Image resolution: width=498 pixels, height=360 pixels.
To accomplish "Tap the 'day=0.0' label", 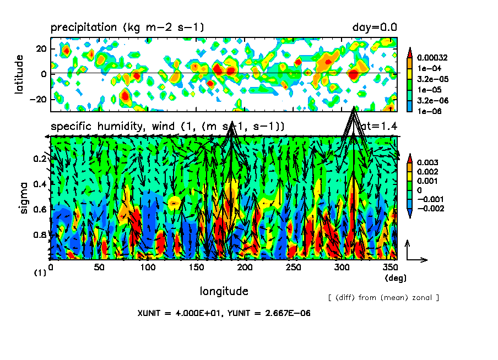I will coord(375,28).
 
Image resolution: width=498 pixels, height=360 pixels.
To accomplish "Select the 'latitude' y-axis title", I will coord(20,74).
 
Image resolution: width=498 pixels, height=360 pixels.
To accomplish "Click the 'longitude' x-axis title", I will coord(224,291).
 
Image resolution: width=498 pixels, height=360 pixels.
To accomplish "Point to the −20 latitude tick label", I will coord(39,99).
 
